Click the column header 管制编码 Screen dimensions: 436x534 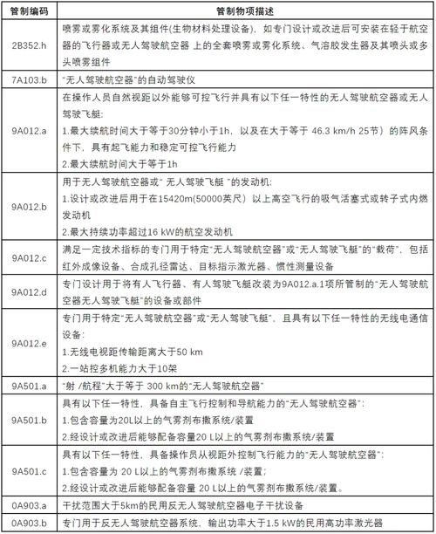pos(29,10)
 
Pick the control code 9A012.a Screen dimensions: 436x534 pos(29,130)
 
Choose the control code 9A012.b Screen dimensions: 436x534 pos(29,207)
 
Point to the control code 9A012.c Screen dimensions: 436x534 pos(29,258)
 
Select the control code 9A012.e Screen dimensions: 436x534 pos(29,343)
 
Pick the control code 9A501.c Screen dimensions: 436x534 pos(29,472)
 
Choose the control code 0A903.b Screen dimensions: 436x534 pos(29,524)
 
